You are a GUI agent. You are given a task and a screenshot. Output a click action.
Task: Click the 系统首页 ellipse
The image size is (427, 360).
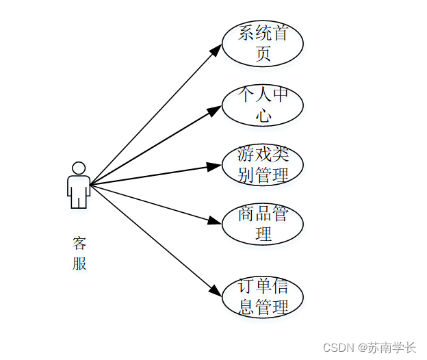tap(263, 43)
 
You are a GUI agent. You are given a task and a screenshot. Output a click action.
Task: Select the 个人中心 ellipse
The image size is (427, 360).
tap(263, 105)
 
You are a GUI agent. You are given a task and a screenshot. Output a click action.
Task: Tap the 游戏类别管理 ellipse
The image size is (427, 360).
tap(263, 164)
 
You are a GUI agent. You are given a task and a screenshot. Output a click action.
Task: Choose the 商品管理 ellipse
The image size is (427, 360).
tap(263, 224)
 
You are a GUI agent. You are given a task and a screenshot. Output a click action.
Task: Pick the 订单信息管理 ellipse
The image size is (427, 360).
tap(263, 298)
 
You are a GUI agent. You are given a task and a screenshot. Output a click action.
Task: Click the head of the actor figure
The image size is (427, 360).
tap(79, 168)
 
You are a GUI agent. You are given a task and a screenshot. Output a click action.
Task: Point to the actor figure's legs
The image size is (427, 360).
tap(79, 199)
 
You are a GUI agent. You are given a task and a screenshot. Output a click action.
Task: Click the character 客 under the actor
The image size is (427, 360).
tap(79, 244)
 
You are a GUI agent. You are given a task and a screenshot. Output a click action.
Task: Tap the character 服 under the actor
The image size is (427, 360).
tap(79, 264)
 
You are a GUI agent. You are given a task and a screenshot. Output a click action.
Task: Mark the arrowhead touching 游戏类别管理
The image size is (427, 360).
tap(216, 166)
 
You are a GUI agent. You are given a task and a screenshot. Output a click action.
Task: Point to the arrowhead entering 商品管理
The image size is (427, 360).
tap(216, 221)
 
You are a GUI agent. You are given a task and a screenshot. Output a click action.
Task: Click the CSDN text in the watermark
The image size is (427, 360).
tap(339, 348)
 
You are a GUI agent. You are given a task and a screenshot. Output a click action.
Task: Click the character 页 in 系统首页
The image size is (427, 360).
tap(263, 54)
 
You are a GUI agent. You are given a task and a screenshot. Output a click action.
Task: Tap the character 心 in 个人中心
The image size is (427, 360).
tap(263, 115)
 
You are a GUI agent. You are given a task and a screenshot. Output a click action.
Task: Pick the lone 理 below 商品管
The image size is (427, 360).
tap(263, 234)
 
